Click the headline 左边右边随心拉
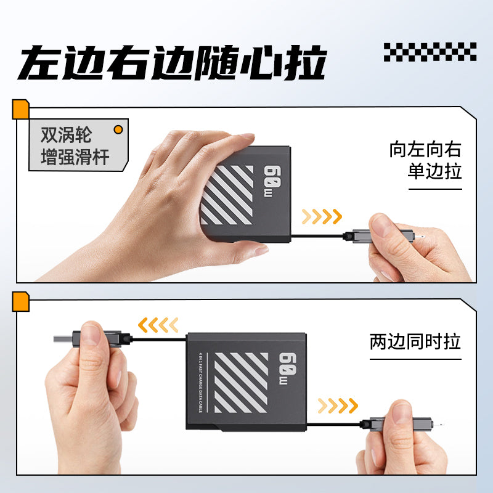click(x=173, y=62)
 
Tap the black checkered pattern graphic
click(x=430, y=52)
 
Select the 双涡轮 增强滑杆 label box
click(x=79, y=145)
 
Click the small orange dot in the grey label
click(x=118, y=129)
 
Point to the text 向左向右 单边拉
click(x=425, y=160)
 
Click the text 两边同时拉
click(x=415, y=341)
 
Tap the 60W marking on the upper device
click(x=272, y=181)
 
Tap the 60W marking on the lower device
click(x=287, y=368)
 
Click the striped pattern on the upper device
click(x=227, y=195)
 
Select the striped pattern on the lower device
click(x=241, y=383)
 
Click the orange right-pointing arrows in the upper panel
click(x=322, y=217)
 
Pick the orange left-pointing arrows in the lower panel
click(x=158, y=325)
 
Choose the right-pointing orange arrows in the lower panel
click(x=338, y=405)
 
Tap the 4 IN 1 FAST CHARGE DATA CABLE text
click(x=200, y=383)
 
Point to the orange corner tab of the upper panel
click(x=20, y=109)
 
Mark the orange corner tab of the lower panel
click(x=20, y=301)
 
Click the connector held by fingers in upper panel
click(x=380, y=236)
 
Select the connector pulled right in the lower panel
click(x=397, y=424)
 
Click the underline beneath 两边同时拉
click(x=415, y=359)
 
